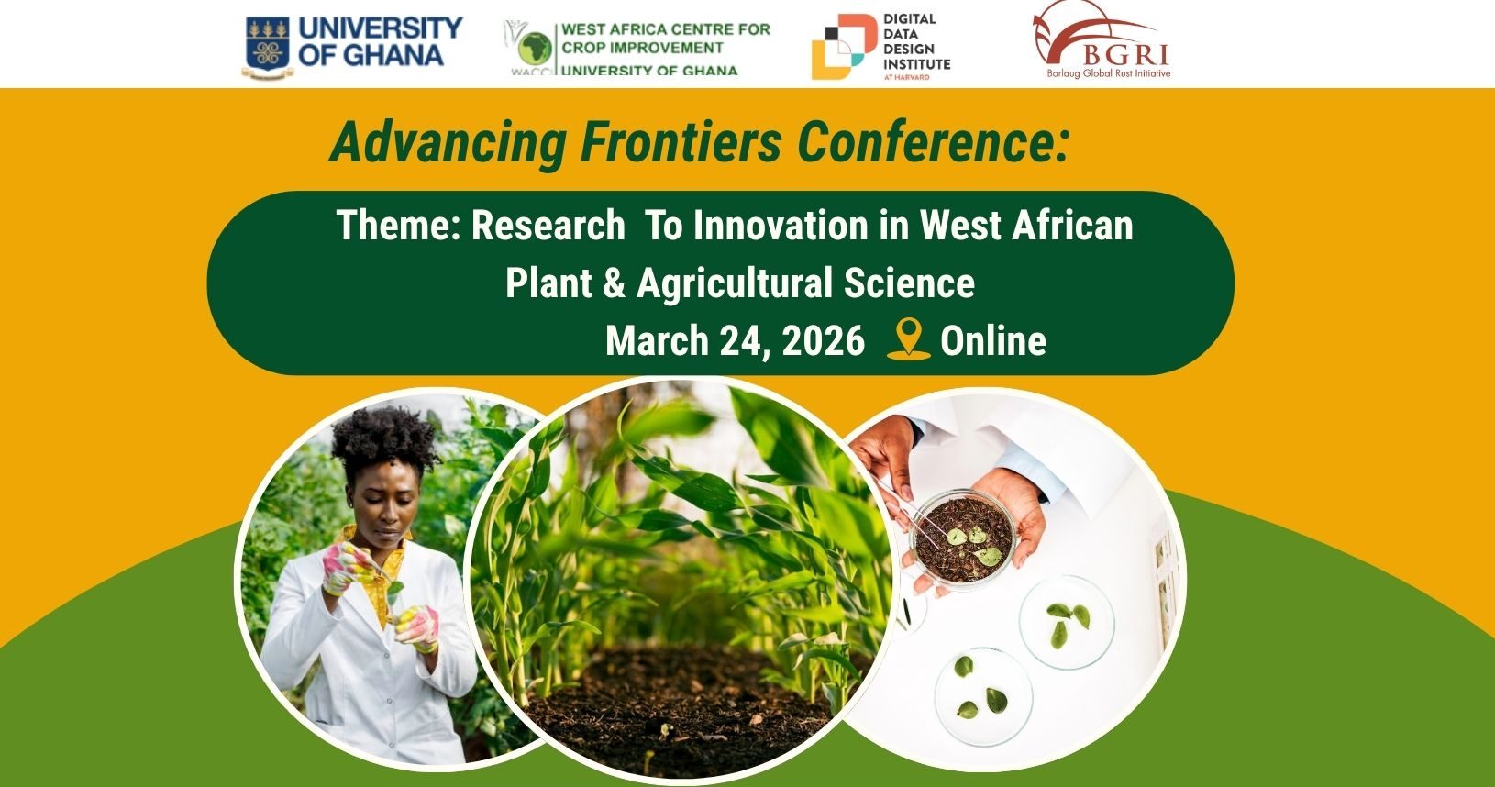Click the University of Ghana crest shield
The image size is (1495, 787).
click(268, 45)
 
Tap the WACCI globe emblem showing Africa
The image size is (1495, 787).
click(536, 48)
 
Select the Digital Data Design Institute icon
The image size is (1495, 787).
click(843, 46)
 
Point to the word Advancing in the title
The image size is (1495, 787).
click(448, 142)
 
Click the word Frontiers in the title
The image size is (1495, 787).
click(681, 141)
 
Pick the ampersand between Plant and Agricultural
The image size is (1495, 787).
click(614, 283)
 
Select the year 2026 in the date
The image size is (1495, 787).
click(822, 341)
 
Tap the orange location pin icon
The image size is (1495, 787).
click(908, 338)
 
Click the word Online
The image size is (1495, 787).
click(993, 341)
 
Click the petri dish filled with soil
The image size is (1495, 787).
click(964, 538)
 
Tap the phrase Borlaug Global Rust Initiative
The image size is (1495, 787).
click(1108, 73)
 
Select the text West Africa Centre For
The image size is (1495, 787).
click(665, 29)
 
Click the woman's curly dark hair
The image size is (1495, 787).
click(383, 439)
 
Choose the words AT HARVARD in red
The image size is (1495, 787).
click(906, 77)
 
